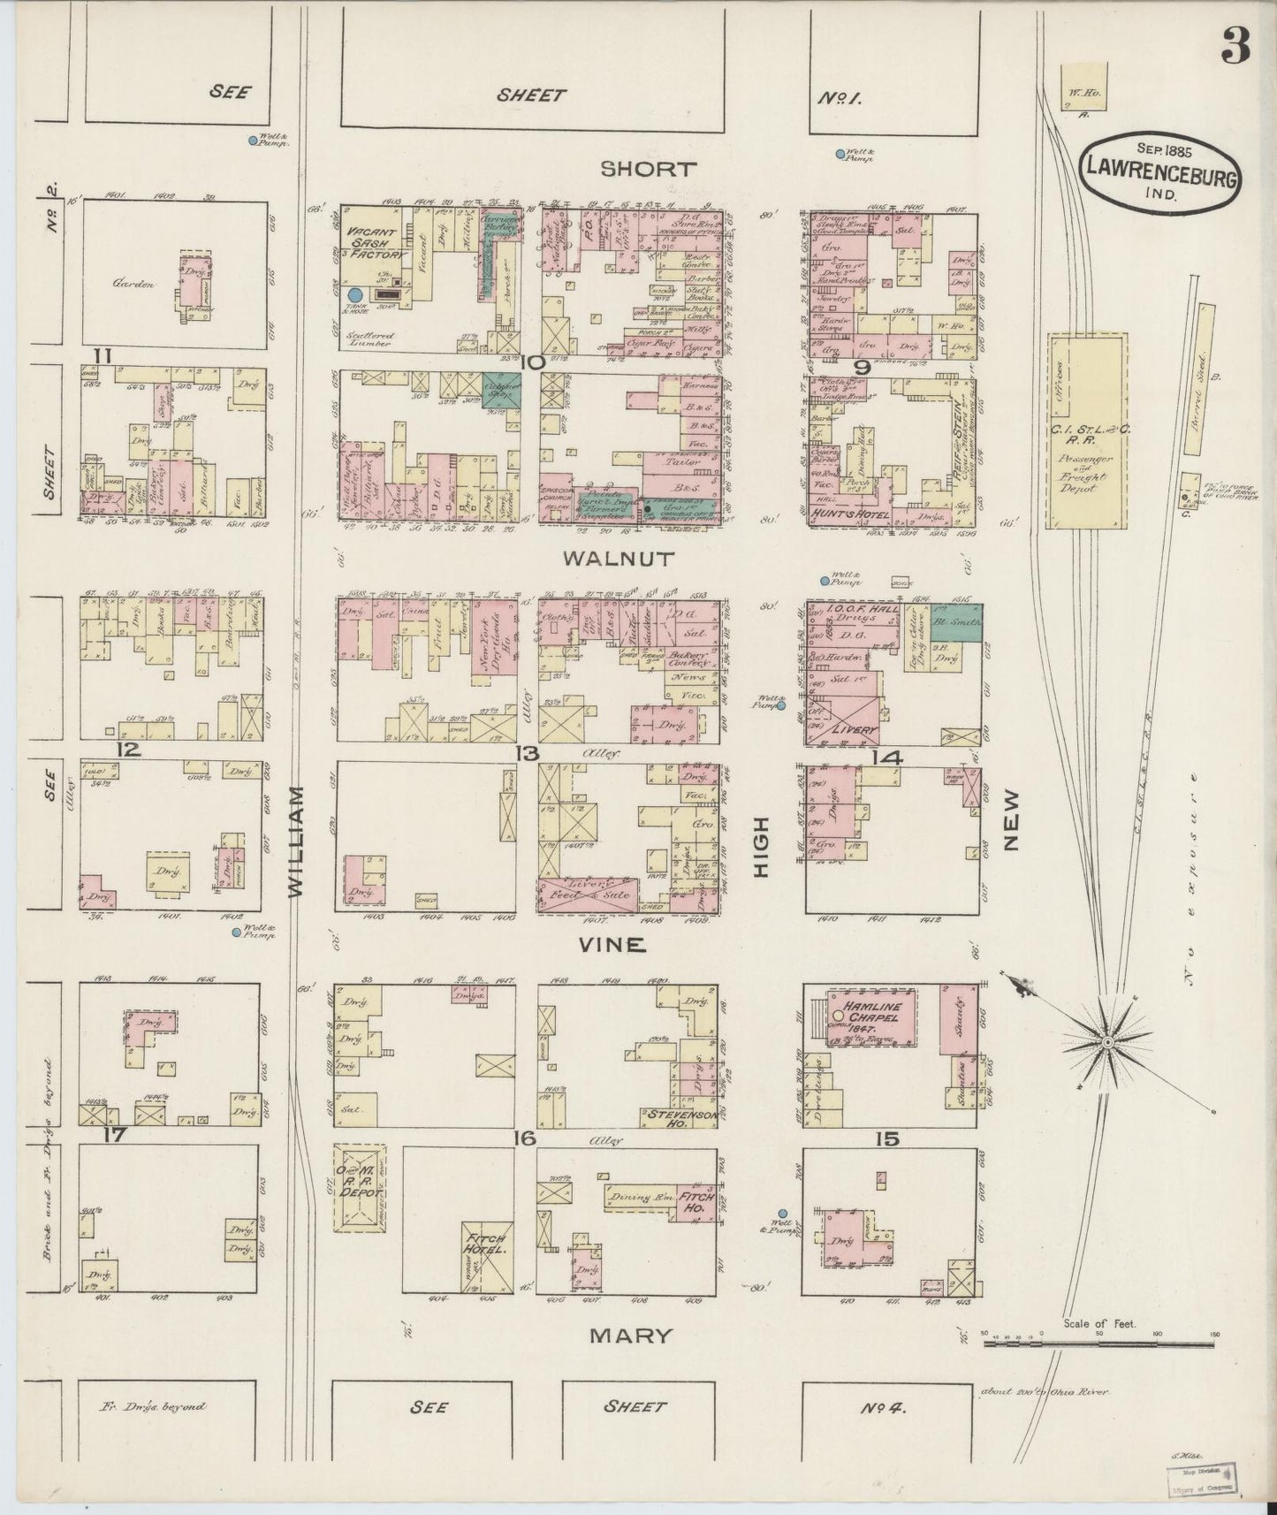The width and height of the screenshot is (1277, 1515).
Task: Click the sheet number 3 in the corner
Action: click(1235, 49)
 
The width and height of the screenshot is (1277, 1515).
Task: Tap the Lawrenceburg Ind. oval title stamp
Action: click(1159, 174)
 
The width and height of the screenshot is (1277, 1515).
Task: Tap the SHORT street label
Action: click(649, 169)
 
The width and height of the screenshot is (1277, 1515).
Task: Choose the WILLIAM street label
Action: click(295, 841)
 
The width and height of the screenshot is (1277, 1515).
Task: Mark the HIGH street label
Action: click(762, 847)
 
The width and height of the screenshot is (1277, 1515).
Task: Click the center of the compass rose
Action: click(1106, 1044)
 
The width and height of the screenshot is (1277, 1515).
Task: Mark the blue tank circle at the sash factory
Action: click(355, 296)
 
